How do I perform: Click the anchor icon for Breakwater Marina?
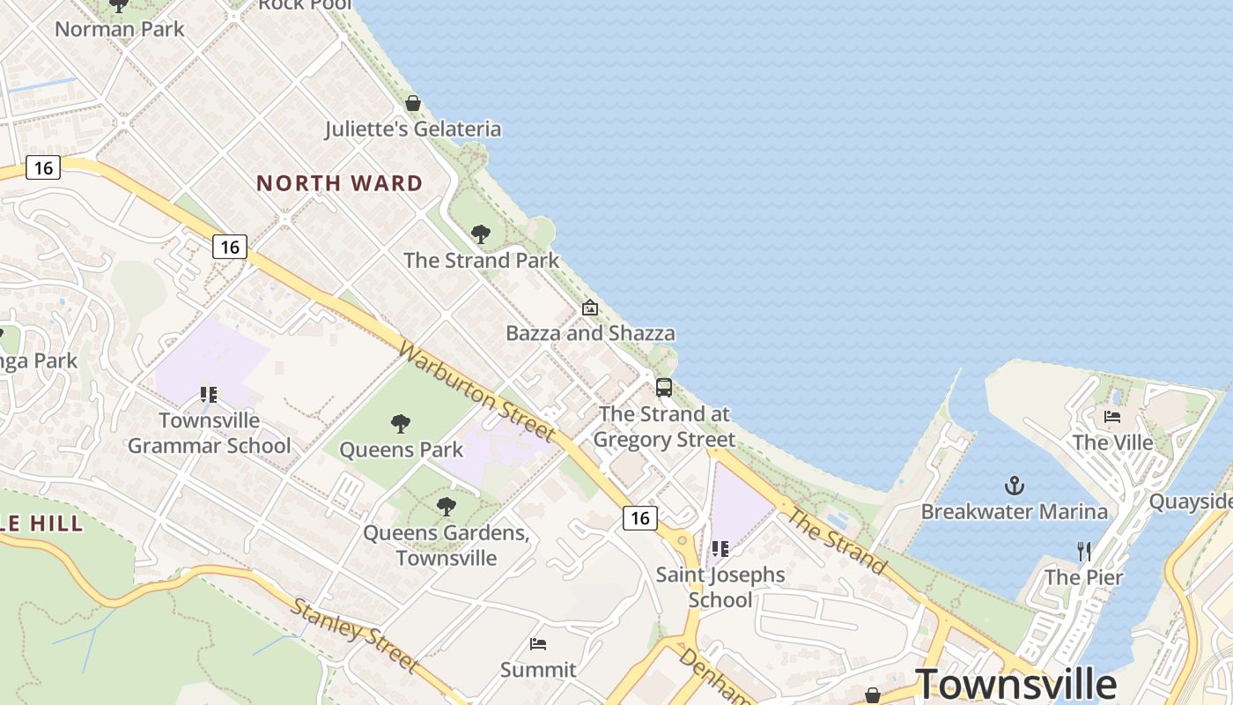[1015, 486]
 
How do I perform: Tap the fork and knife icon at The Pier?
[1084, 552]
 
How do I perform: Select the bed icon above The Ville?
[1112, 416]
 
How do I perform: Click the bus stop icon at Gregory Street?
[664, 387]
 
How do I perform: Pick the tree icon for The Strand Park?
[481, 234]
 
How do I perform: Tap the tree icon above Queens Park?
[401, 424]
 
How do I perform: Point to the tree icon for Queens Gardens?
[447, 507]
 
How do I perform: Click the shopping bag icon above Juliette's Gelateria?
[413, 103]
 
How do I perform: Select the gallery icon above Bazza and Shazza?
[590, 308]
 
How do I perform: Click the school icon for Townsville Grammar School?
[209, 394]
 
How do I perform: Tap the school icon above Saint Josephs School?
[720, 549]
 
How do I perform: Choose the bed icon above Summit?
[538, 644]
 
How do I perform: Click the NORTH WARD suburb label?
[339, 183]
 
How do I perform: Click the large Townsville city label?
[1016, 684]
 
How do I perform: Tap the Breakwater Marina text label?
[1014, 511]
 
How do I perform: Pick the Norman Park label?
[120, 29]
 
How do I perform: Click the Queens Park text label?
[402, 450]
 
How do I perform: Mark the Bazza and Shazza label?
[590, 333]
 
